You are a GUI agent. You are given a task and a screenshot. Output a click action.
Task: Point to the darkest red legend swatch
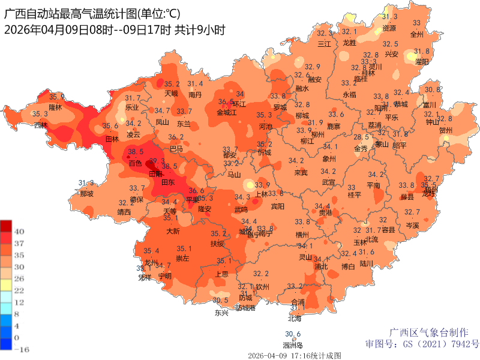[6, 226]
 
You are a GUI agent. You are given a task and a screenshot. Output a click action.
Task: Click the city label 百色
[136, 163]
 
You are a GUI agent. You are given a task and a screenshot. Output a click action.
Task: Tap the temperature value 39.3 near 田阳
[157, 161]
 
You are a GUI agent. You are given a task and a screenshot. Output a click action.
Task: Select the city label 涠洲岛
[293, 345]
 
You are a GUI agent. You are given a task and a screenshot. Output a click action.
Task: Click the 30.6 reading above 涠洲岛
[293, 334]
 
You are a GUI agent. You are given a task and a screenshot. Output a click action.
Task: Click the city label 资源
[389, 28]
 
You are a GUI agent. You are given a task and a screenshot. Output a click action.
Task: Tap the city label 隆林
[55, 107]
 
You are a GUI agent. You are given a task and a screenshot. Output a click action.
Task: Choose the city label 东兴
[221, 313]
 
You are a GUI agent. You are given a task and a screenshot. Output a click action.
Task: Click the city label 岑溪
[412, 225]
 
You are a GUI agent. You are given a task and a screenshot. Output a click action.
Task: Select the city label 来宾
[301, 173]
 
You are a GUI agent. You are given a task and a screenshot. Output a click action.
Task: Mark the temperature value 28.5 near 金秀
[361, 137]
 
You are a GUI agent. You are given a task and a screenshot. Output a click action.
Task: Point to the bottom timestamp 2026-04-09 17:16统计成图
[295, 355]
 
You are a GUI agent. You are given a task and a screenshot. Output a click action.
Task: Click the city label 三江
[324, 44]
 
